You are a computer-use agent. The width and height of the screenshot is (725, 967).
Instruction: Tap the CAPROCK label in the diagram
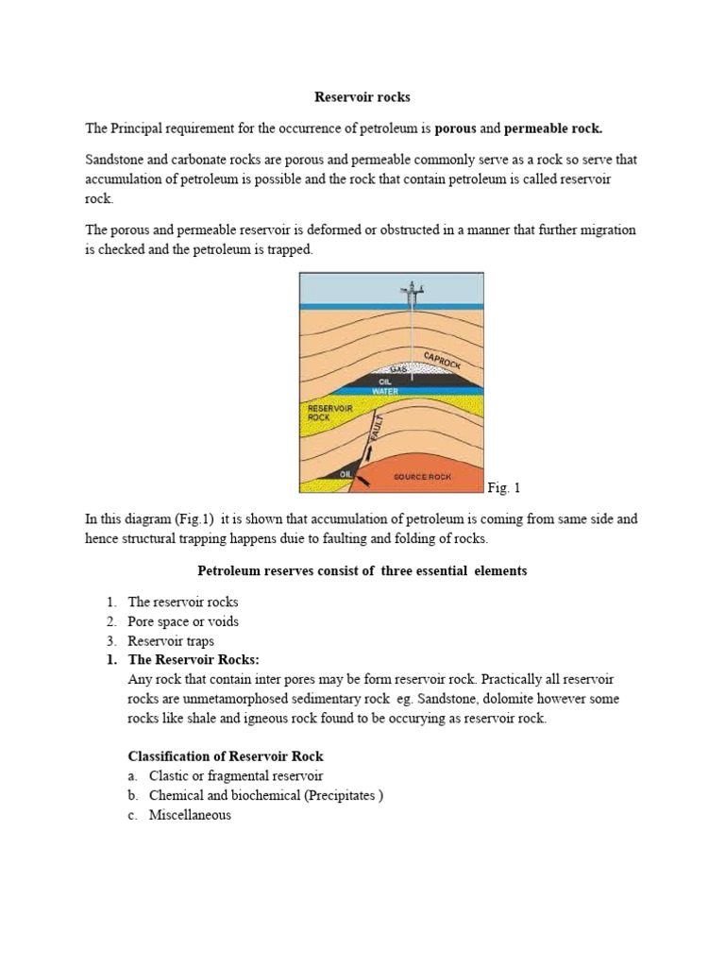[x=443, y=361]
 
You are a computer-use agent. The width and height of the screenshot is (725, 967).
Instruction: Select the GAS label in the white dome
[x=384, y=370]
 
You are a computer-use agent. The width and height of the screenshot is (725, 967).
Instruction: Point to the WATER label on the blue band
[x=384, y=390]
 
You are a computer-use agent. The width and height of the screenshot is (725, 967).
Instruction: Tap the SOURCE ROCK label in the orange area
[x=425, y=477]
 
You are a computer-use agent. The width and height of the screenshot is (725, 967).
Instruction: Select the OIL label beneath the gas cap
[x=384, y=381]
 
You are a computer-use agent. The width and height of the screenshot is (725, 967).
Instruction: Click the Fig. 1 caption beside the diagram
[x=504, y=487]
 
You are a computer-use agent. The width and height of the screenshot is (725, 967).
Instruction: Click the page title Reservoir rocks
[x=362, y=97]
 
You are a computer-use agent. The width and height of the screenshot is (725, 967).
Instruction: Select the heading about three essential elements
[x=362, y=570]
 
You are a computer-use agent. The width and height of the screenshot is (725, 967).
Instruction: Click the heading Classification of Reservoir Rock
[x=226, y=756]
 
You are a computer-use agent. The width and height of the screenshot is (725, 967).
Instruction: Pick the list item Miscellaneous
[x=190, y=815]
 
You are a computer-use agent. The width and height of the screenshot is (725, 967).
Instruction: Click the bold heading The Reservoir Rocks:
[x=194, y=660]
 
